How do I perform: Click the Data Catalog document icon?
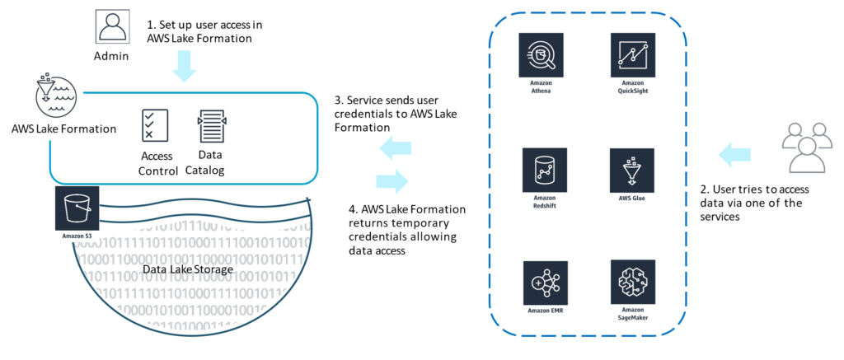(211, 124)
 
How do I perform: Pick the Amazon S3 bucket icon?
(77, 207)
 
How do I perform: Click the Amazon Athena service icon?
(542, 55)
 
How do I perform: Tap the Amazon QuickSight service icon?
(631, 55)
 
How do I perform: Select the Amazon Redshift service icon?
(542, 170)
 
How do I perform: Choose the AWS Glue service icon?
(631, 170)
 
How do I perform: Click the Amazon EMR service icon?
(542, 282)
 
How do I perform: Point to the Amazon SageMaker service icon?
(631, 282)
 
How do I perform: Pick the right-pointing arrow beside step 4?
(392, 180)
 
